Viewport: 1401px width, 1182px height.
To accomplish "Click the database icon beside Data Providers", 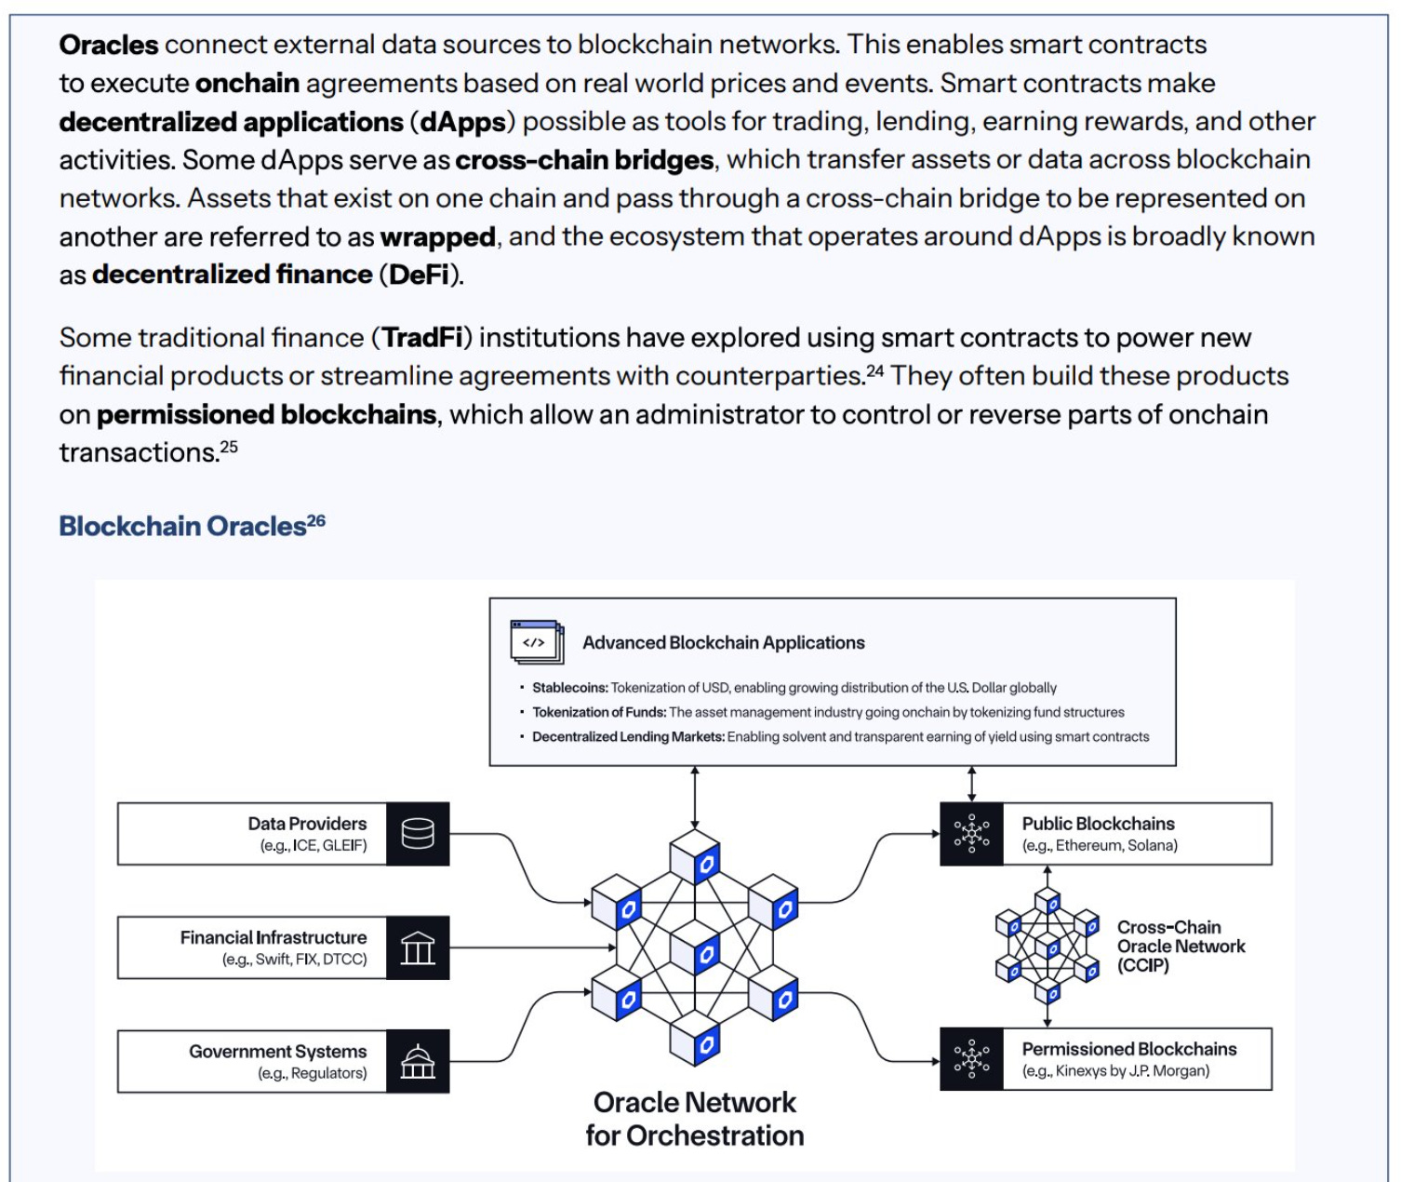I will tap(418, 833).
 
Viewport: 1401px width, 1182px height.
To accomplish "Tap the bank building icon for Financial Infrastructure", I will tap(418, 947).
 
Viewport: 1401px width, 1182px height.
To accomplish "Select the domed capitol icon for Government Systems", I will tap(418, 1061).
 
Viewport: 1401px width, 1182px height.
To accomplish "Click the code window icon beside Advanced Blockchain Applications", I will tap(537, 641).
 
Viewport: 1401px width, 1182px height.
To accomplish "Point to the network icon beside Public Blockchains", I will tap(971, 833).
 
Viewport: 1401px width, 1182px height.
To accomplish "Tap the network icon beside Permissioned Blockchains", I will tap(971, 1058).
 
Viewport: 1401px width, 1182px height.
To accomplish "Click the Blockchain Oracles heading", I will tap(182, 527).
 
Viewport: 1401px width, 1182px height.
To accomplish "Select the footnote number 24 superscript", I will tap(874, 371).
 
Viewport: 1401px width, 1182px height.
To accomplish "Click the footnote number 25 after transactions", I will tap(229, 447).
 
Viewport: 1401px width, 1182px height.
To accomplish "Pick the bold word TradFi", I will tap(422, 337).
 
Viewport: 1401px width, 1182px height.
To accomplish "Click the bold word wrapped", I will tap(437, 237).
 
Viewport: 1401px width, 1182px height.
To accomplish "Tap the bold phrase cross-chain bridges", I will tap(584, 160).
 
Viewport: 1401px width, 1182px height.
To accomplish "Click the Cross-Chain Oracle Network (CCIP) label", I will tap(1180, 946).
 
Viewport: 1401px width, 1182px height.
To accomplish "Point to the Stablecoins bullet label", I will tap(569, 688).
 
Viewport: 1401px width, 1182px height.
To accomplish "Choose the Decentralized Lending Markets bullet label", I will tap(628, 736).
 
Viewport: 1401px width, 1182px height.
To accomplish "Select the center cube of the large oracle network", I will tap(695, 949).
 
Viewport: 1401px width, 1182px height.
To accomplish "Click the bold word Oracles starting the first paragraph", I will tap(109, 45).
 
